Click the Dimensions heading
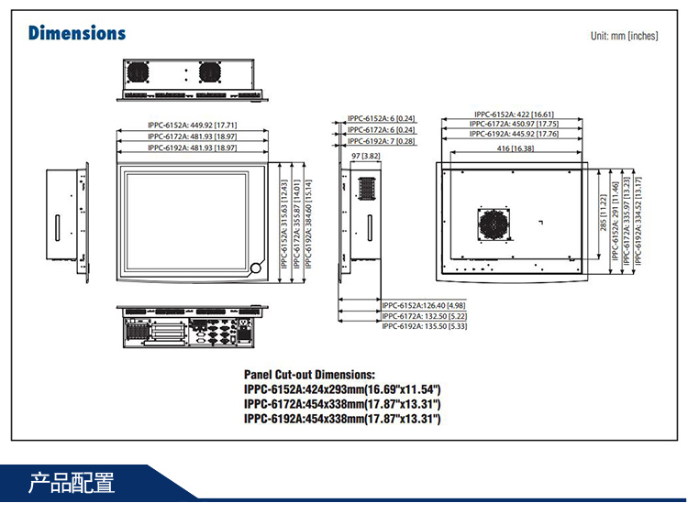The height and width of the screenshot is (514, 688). (77, 33)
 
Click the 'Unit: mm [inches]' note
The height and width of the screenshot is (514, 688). (625, 36)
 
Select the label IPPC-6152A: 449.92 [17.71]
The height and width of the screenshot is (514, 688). (193, 125)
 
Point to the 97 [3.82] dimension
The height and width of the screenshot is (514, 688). (365, 157)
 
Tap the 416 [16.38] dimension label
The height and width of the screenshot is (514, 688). (515, 148)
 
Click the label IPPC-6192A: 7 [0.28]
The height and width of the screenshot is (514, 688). (381, 141)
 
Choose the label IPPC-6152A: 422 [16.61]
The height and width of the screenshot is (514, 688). (514, 115)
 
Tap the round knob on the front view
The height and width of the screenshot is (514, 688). (256, 268)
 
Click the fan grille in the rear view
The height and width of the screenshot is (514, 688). (493, 224)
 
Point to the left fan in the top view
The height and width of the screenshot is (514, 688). (139, 72)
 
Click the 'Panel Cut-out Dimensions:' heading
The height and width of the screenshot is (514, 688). (309, 375)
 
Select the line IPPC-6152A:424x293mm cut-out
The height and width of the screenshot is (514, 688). (342, 389)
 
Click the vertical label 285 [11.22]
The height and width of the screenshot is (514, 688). (602, 212)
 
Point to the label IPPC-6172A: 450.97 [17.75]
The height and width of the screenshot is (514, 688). (514, 124)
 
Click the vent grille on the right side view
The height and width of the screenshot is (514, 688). (367, 188)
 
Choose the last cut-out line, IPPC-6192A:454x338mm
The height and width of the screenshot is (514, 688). (342, 419)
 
